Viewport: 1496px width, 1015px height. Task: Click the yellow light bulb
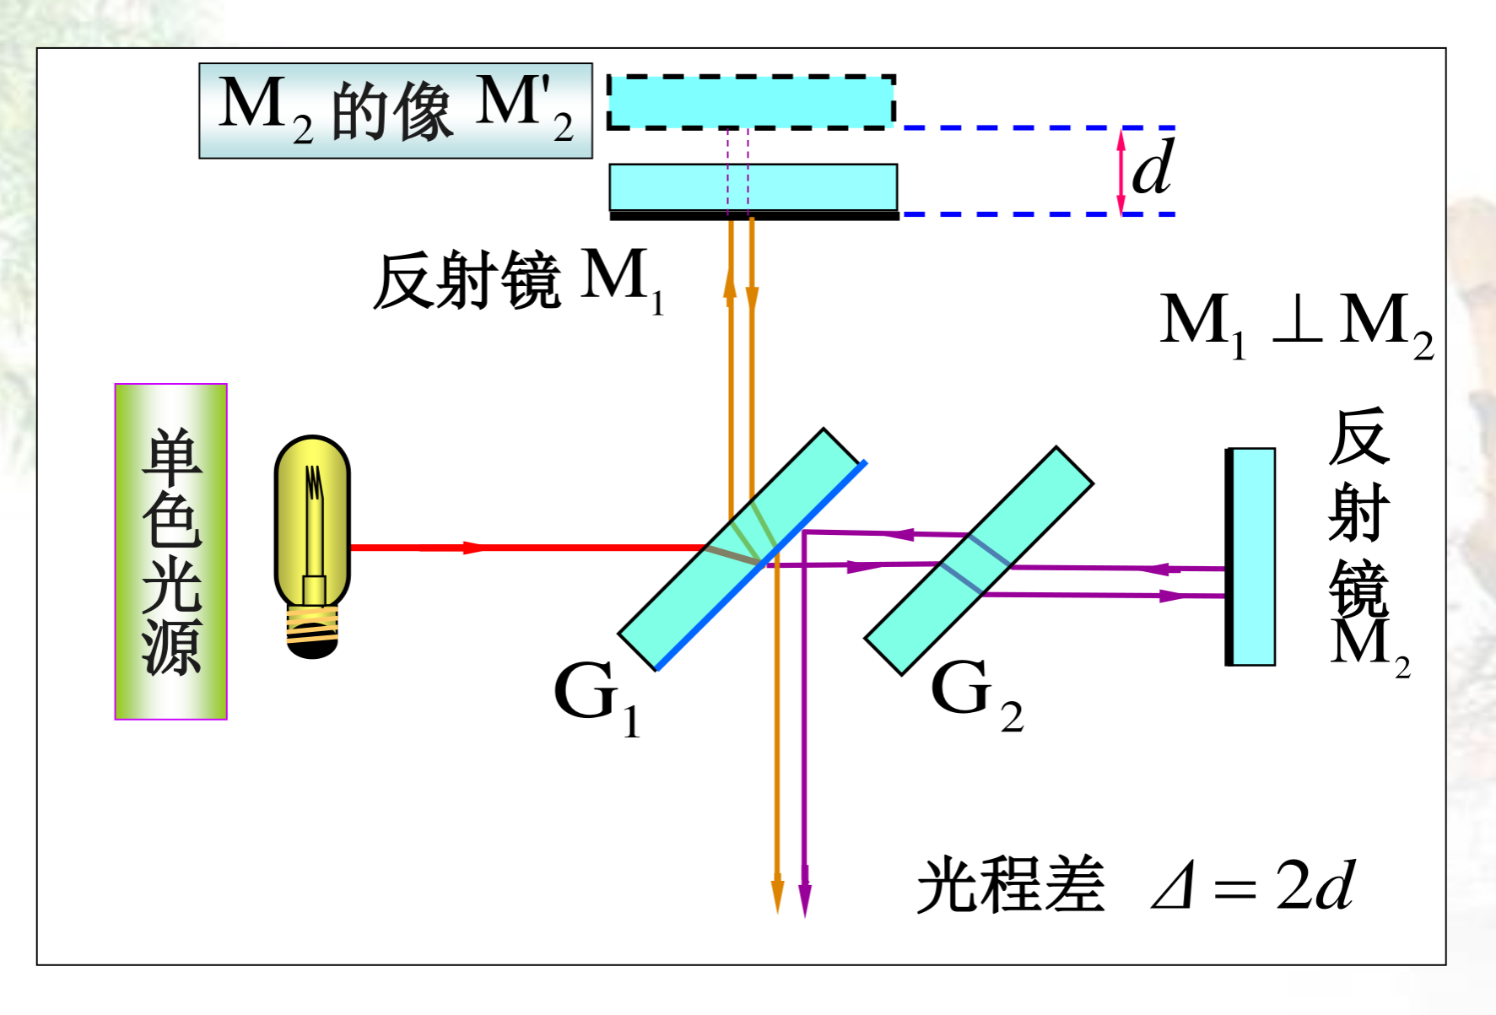[312, 523]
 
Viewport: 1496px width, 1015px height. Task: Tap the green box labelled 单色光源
[171, 551]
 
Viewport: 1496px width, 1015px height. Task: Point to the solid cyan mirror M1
[753, 187]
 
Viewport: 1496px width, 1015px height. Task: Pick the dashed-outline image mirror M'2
[751, 102]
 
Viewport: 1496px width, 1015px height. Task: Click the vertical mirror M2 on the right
[1251, 557]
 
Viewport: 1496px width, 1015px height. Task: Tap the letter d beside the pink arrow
[1153, 168]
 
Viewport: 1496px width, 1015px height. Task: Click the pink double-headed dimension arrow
[1121, 171]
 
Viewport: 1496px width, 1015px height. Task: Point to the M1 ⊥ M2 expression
[1296, 323]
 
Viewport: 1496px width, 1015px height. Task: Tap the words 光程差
[1010, 885]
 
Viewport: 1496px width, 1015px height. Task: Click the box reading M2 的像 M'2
[395, 111]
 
